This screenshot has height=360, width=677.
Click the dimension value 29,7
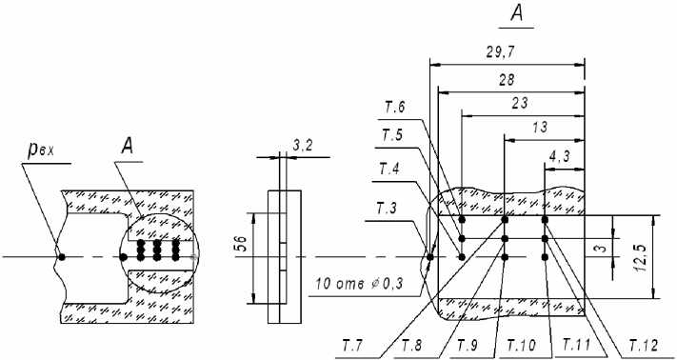click(x=501, y=52)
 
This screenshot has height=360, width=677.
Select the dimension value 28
click(x=506, y=80)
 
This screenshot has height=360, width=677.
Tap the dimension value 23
click(x=519, y=104)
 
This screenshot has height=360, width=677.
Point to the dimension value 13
click(x=540, y=128)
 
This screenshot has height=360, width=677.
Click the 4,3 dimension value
click(x=560, y=157)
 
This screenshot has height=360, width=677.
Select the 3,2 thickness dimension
click(x=302, y=146)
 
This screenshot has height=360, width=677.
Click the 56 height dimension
click(x=242, y=245)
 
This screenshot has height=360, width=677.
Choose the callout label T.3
click(x=387, y=209)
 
